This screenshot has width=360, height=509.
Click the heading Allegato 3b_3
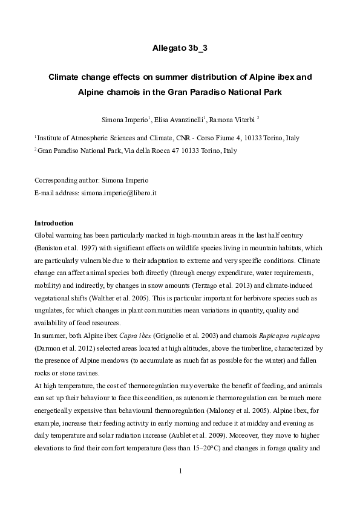point(180,48)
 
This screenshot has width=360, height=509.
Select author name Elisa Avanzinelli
point(180,119)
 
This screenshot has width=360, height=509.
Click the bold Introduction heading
point(54,222)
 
